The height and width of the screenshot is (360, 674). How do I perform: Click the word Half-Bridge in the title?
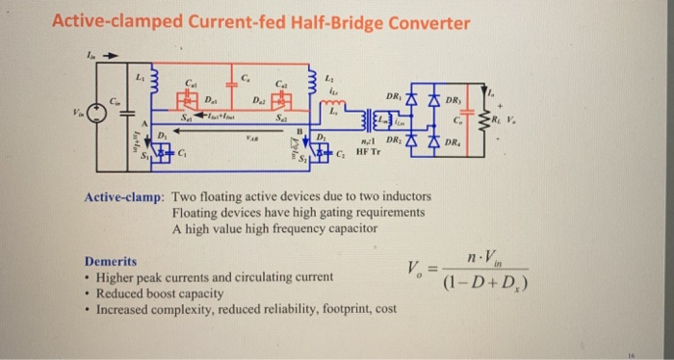(338, 22)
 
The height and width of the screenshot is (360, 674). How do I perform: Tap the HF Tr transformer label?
(370, 151)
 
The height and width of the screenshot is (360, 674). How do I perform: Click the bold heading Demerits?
(110, 262)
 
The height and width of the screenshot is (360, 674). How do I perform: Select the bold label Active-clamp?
(123, 197)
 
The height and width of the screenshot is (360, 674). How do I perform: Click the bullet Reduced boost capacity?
(159, 293)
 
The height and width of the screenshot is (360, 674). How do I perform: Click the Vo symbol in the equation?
(432, 269)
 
